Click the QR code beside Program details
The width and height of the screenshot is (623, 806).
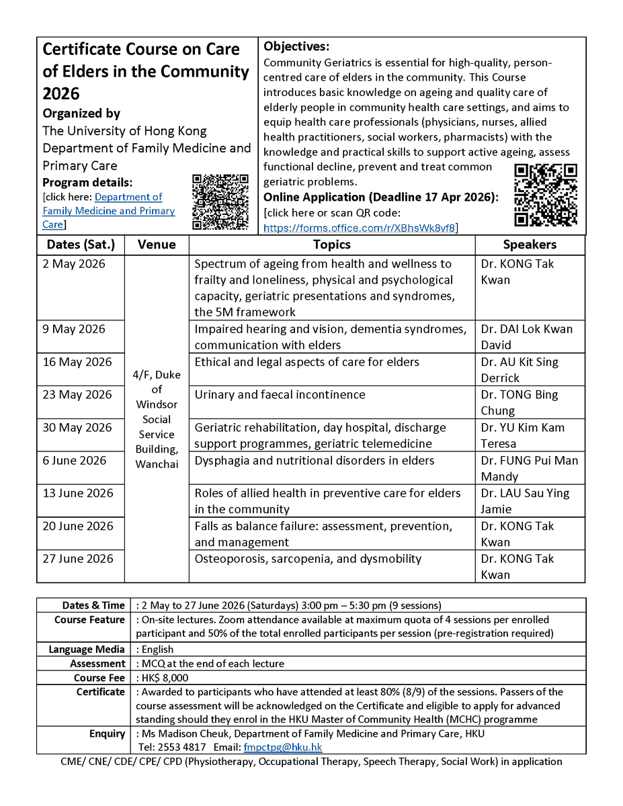pyautogui.click(x=220, y=201)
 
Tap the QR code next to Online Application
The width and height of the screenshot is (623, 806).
pyautogui.click(x=545, y=195)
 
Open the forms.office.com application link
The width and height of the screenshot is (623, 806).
pyautogui.click(x=360, y=228)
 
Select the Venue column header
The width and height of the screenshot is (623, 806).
pyautogui.click(x=157, y=244)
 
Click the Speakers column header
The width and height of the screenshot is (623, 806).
pyautogui.click(x=530, y=244)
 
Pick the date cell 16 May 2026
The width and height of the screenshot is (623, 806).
pyautogui.click(x=77, y=362)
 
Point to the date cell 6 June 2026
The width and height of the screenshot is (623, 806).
pyautogui.click(x=75, y=461)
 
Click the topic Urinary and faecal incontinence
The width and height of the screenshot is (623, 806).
pyautogui.click(x=280, y=395)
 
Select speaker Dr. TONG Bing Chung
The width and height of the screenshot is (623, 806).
pyautogui.click(x=519, y=402)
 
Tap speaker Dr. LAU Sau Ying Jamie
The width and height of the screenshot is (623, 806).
pyautogui.click(x=524, y=501)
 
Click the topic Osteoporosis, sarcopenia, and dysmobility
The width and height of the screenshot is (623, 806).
pyautogui.click(x=308, y=559)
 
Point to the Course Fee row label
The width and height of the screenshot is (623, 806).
pyautogui.click(x=99, y=678)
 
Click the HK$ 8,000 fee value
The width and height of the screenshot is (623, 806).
pyautogui.click(x=163, y=678)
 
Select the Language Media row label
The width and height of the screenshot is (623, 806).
pyautogui.click(x=87, y=650)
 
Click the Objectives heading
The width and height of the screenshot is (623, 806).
pyautogui.click(x=296, y=46)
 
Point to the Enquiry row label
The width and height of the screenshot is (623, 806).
pyautogui.click(x=107, y=733)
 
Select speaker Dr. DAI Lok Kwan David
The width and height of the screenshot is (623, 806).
pyautogui.click(x=526, y=337)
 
